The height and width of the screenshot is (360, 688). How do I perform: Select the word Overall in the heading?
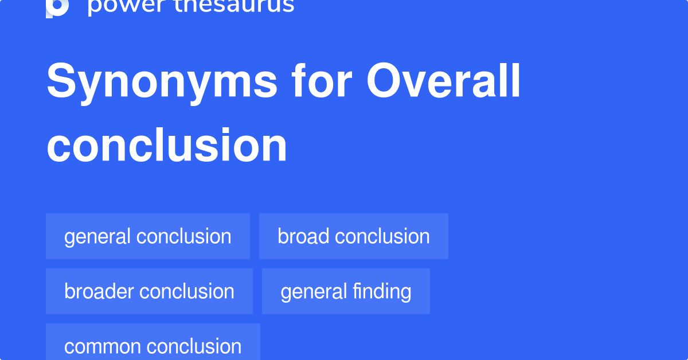click(x=444, y=81)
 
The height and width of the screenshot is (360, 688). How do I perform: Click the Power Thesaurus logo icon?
click(x=57, y=7)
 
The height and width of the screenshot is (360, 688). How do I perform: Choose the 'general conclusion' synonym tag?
click(x=148, y=236)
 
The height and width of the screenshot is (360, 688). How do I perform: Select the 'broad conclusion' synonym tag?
click(x=354, y=236)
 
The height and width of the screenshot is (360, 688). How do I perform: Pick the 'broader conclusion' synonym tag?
click(x=149, y=291)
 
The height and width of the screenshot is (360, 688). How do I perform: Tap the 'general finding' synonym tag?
click(x=346, y=291)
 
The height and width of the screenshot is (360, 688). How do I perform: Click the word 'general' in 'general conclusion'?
click(x=98, y=236)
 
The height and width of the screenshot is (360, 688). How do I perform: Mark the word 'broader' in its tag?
click(x=99, y=291)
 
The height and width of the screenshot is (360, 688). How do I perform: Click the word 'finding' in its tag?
click(x=382, y=291)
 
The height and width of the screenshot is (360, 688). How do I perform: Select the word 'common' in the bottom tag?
click(x=103, y=346)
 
